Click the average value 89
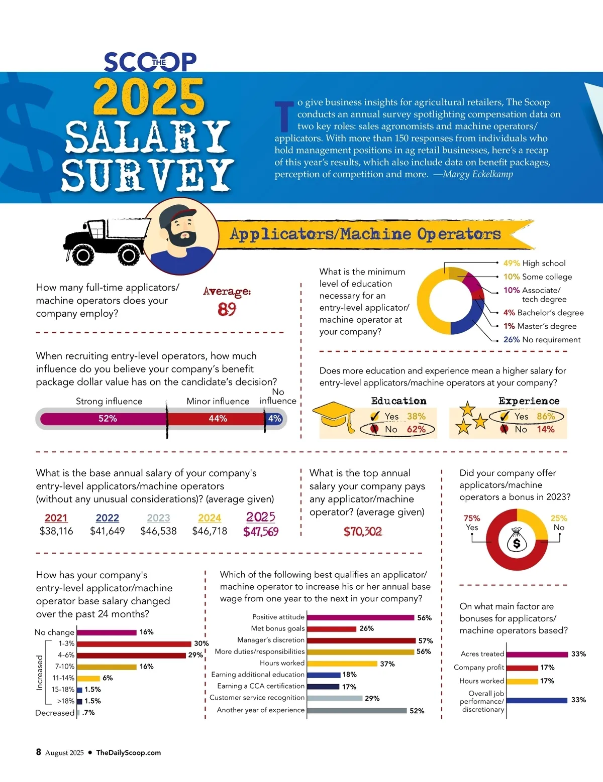[x=227, y=309]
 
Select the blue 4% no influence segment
[x=274, y=419]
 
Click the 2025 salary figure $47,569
[x=261, y=532]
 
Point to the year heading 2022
[x=107, y=517]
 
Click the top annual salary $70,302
[x=363, y=532]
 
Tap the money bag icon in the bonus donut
[x=517, y=540]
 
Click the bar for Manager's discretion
[x=361, y=640]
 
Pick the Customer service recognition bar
[x=335, y=698]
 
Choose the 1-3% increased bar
[x=134, y=643]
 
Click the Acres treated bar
[x=537, y=654]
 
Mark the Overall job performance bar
[x=537, y=700]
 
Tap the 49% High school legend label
[x=534, y=263]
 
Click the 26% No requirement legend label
[x=542, y=340]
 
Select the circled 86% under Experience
[x=546, y=416]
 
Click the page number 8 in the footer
[x=39, y=752]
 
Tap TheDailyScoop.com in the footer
[x=129, y=752]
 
